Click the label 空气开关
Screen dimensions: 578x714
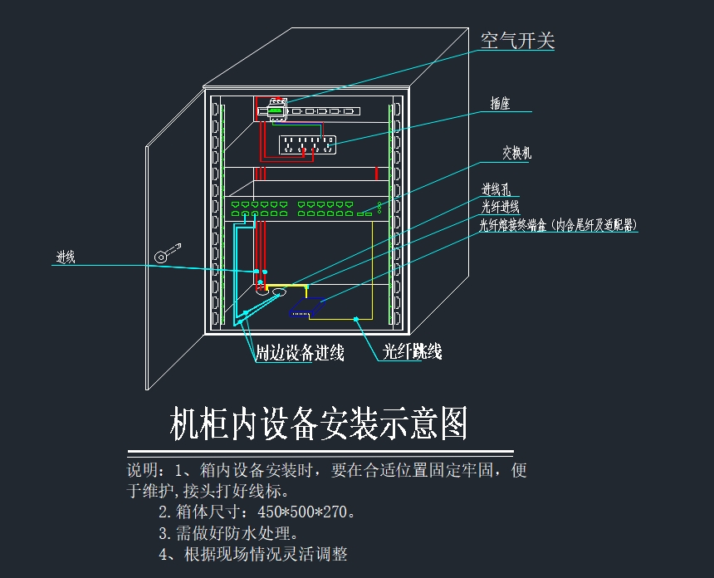(517, 40)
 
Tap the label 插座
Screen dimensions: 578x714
(500, 105)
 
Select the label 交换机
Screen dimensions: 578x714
(516, 153)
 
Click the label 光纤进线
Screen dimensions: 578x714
(501, 207)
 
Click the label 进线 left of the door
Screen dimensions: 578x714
(66, 257)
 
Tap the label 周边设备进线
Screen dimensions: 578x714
(299, 353)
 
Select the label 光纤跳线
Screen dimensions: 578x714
(412, 352)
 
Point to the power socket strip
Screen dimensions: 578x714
(306, 144)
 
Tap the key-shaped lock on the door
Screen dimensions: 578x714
(165, 252)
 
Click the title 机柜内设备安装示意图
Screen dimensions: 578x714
(319, 424)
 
